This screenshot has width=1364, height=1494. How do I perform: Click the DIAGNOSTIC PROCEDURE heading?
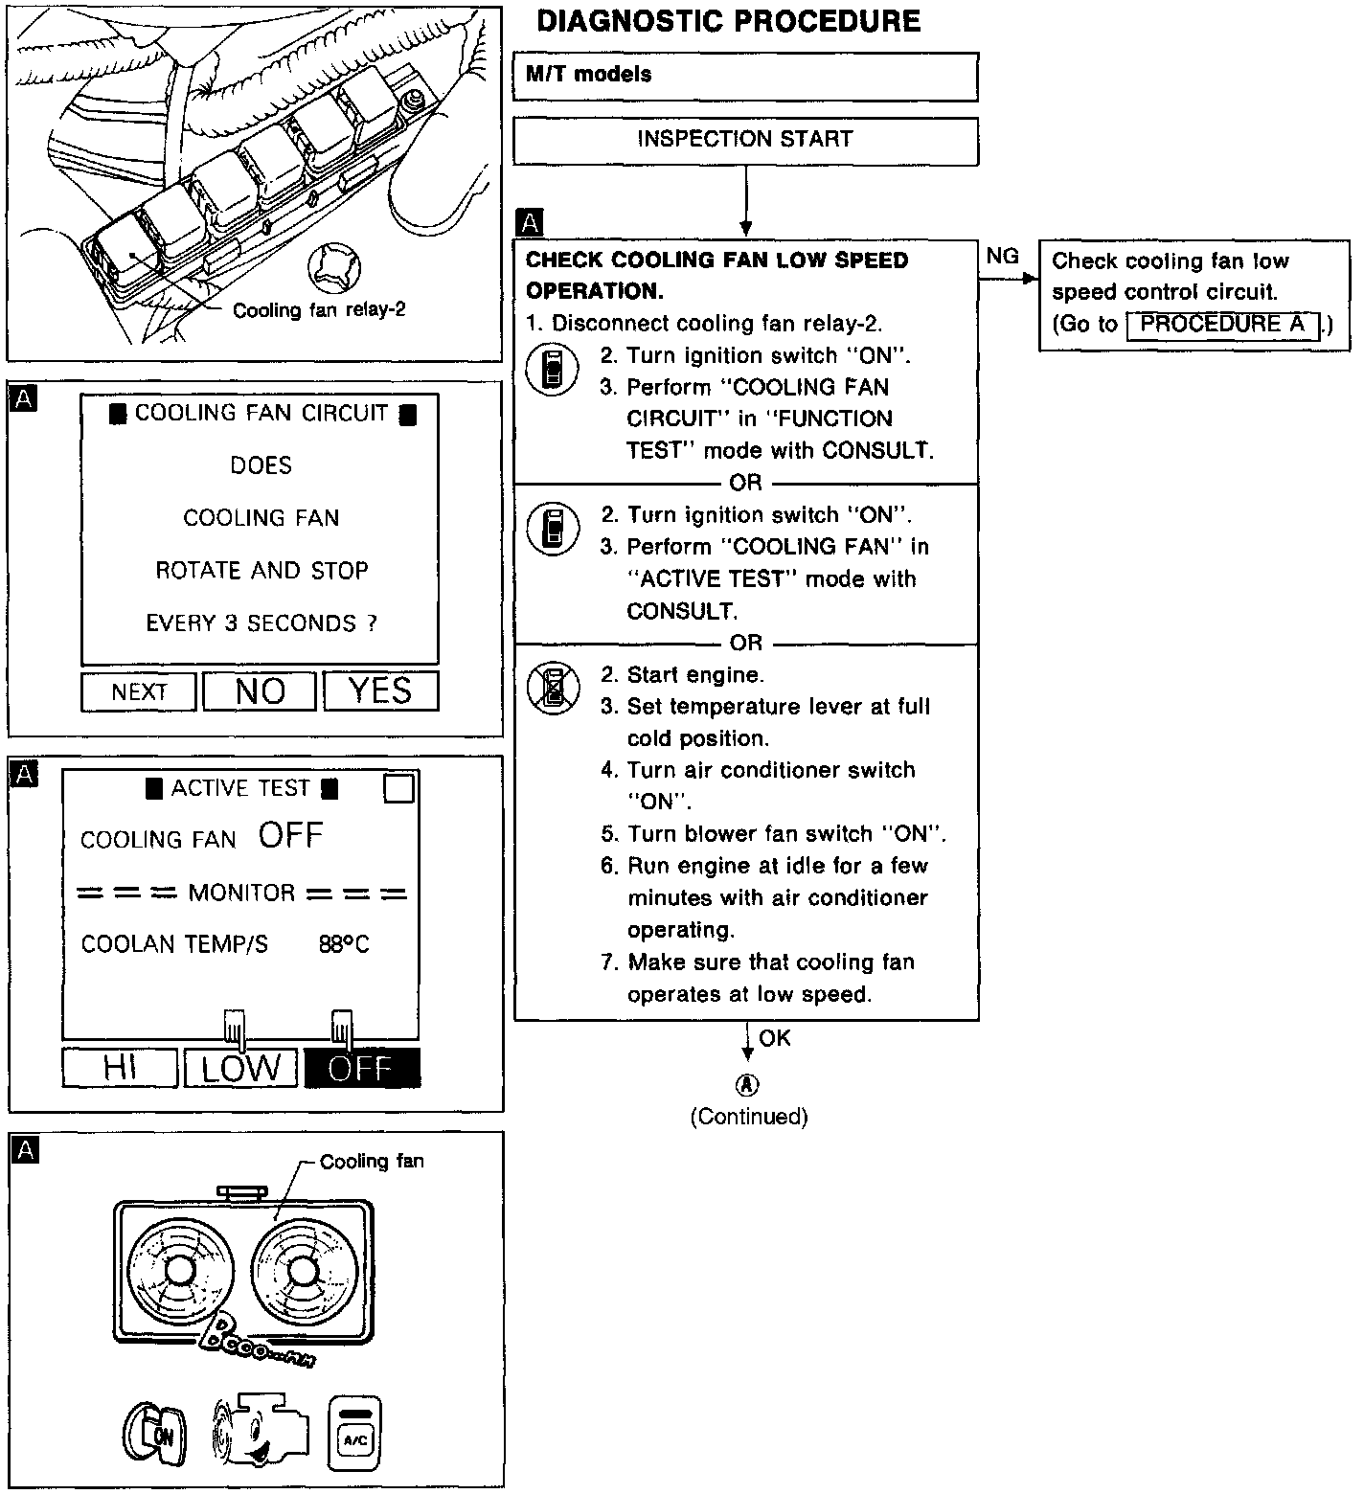pos(728,21)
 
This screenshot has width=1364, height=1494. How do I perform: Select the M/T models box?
pos(745,76)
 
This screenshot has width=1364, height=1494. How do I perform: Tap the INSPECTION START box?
pos(745,140)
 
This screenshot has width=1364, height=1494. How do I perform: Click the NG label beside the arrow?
pos(1002,256)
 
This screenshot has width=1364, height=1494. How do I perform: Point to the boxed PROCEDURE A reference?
pos(1222,325)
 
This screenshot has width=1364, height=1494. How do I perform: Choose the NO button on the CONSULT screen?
pos(260,690)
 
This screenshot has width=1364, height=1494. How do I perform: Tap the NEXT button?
pos(139,691)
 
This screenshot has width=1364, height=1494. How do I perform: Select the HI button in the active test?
pos(120,1068)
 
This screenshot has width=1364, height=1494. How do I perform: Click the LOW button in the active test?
pos(240,1068)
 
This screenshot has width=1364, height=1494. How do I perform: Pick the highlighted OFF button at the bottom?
pos(361,1068)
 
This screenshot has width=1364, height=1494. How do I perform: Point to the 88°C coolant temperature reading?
pos(344,944)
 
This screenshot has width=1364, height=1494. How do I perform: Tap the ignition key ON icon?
pos(154,1434)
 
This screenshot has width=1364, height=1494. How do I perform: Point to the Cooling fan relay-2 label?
pos(319,310)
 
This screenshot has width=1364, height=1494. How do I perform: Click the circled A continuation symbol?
pos(747,1085)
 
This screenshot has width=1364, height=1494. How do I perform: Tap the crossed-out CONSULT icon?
pos(553,687)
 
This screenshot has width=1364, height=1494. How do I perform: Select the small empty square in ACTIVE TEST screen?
pos(398,788)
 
